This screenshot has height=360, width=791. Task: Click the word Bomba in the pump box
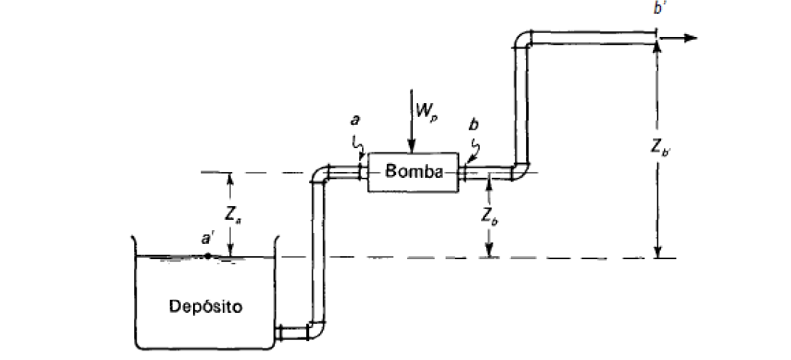(413, 173)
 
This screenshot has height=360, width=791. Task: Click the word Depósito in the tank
(207, 305)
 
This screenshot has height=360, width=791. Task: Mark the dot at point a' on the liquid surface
(208, 255)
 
